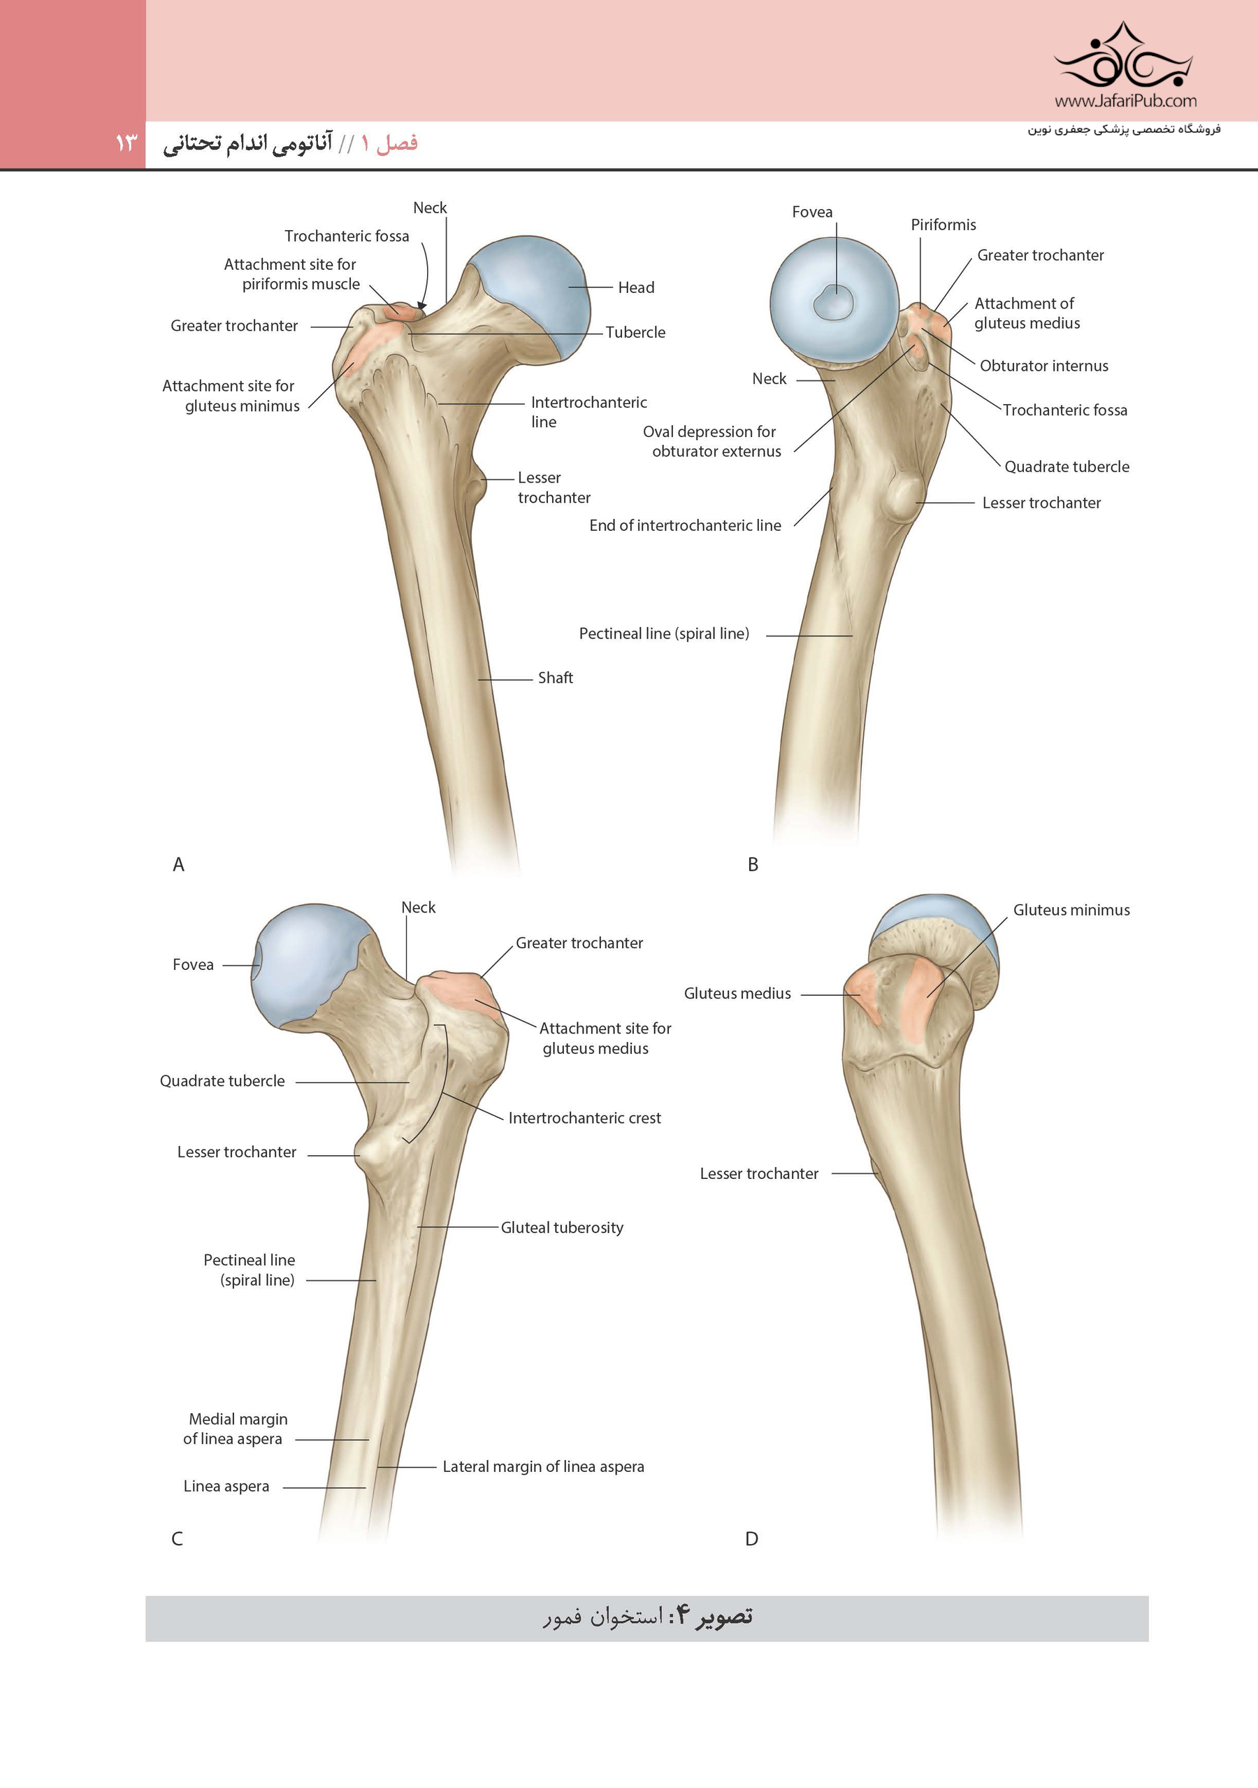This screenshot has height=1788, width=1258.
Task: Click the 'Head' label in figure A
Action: coord(636,287)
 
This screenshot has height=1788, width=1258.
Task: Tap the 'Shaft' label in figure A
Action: coord(555,678)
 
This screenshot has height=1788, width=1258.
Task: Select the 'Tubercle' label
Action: coord(635,333)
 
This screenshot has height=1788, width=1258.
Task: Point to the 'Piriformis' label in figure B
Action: coord(943,225)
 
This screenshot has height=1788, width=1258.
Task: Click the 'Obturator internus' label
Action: coord(1044,366)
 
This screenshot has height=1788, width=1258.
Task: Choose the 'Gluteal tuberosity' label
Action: coord(562,1227)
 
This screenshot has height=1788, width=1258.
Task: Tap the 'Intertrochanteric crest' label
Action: coord(585,1117)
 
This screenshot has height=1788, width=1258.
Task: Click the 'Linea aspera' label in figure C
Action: coord(226,1486)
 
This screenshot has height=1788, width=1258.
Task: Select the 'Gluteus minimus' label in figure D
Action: coord(1071,910)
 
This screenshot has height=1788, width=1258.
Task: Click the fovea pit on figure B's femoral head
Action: coord(834,301)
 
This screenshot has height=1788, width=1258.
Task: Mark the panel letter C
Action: coord(178,1539)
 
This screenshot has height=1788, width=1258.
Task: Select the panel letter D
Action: coord(751,1539)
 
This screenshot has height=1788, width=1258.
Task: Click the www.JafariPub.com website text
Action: coord(1126,101)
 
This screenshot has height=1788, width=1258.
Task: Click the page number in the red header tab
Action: coord(126,143)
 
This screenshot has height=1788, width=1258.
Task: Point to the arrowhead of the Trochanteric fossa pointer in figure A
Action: coord(421,307)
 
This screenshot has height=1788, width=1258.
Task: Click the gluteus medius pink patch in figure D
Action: coord(864,994)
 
